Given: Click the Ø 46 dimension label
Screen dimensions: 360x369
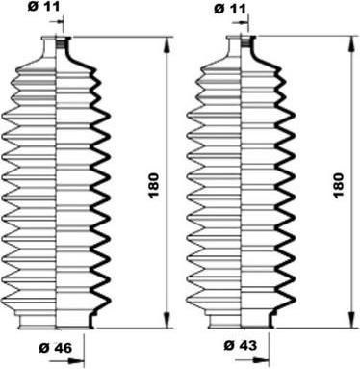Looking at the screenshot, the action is click(56, 348).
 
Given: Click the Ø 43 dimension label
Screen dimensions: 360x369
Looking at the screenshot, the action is click(241, 345).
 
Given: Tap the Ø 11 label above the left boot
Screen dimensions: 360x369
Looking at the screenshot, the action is click(44, 7).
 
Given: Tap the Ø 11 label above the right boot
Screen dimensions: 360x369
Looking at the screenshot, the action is click(230, 9).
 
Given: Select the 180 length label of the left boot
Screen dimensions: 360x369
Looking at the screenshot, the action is click(154, 186).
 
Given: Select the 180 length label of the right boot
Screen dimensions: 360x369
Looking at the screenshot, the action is click(339, 186).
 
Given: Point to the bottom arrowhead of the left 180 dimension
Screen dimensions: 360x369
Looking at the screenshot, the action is click(167, 320).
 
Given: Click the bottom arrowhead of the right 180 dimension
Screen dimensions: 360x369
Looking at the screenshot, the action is click(352, 320).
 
